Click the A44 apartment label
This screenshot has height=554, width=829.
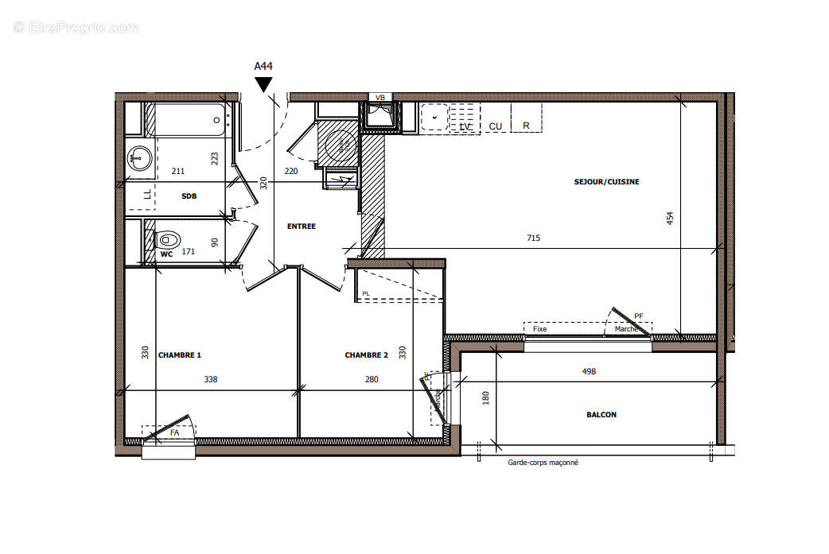[263, 67]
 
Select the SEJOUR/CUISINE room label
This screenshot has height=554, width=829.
[606, 182]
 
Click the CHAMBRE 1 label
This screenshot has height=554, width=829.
[180, 355]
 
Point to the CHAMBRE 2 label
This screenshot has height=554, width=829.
[366, 355]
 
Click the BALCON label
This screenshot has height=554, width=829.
[601, 414]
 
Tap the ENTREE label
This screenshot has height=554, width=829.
[301, 227]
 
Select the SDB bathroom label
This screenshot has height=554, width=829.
[189, 196]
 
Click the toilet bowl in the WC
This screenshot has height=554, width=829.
[167, 238]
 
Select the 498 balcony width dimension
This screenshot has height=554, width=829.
[589, 371]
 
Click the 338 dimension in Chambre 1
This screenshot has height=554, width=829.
[210, 379]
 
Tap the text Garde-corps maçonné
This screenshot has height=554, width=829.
[543, 463]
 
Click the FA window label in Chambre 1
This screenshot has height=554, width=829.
[174, 432]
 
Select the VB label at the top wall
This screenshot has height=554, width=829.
[380, 98]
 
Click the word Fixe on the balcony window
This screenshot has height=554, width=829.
[539, 328]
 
